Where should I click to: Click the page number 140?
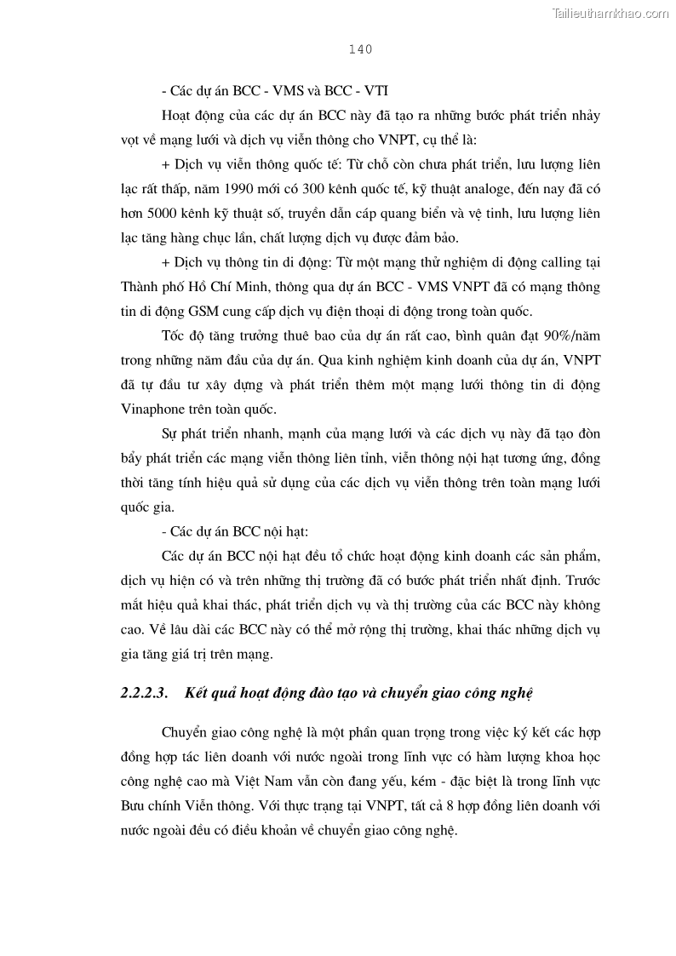point(360,49)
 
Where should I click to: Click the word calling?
point(554,264)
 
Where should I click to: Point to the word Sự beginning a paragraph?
point(169,434)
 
